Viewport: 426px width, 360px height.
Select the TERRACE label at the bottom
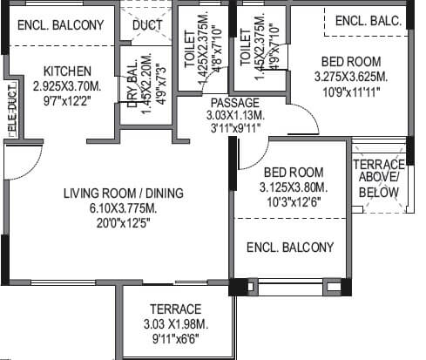click(x=175, y=309)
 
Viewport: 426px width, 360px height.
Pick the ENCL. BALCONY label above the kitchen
click(x=60, y=24)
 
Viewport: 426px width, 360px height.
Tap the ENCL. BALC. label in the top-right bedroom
click(x=369, y=20)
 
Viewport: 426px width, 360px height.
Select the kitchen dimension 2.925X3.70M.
click(x=68, y=87)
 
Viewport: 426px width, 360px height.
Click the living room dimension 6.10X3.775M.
click(x=116, y=208)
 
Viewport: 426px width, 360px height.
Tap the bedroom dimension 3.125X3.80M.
click(x=294, y=187)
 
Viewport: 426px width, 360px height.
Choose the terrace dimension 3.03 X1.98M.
click(x=175, y=324)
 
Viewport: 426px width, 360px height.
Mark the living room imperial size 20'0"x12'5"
click(x=116, y=224)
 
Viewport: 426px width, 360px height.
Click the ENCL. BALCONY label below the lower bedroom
click(x=289, y=248)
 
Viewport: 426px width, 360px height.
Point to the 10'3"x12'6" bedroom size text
click(x=294, y=203)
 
